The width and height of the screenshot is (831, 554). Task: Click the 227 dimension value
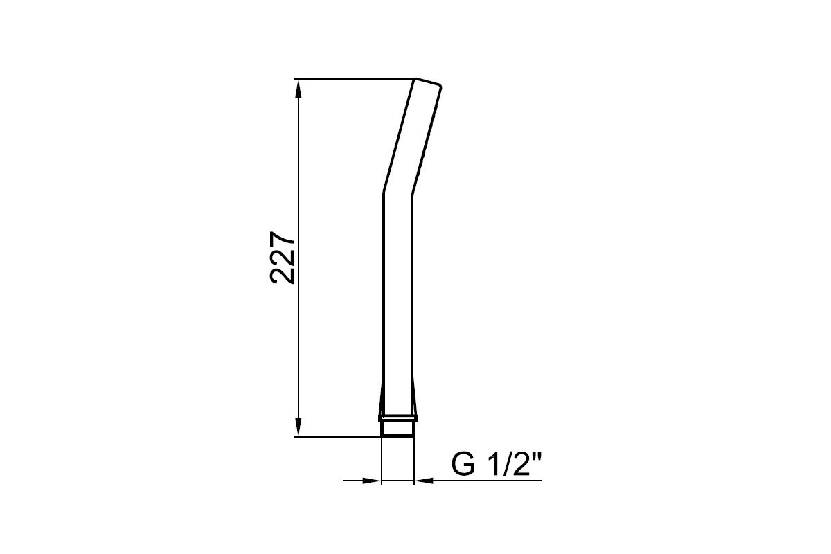[x=283, y=258]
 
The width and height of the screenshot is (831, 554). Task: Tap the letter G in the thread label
[x=463, y=464]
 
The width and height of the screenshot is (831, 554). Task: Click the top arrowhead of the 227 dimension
[x=298, y=89]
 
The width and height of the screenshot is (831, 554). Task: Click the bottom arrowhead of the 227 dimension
[x=298, y=427]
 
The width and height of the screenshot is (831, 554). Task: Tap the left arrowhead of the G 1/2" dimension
[x=372, y=481]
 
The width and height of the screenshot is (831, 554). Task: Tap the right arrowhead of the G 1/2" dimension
[x=424, y=481]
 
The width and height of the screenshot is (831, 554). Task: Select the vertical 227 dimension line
[x=298, y=258]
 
